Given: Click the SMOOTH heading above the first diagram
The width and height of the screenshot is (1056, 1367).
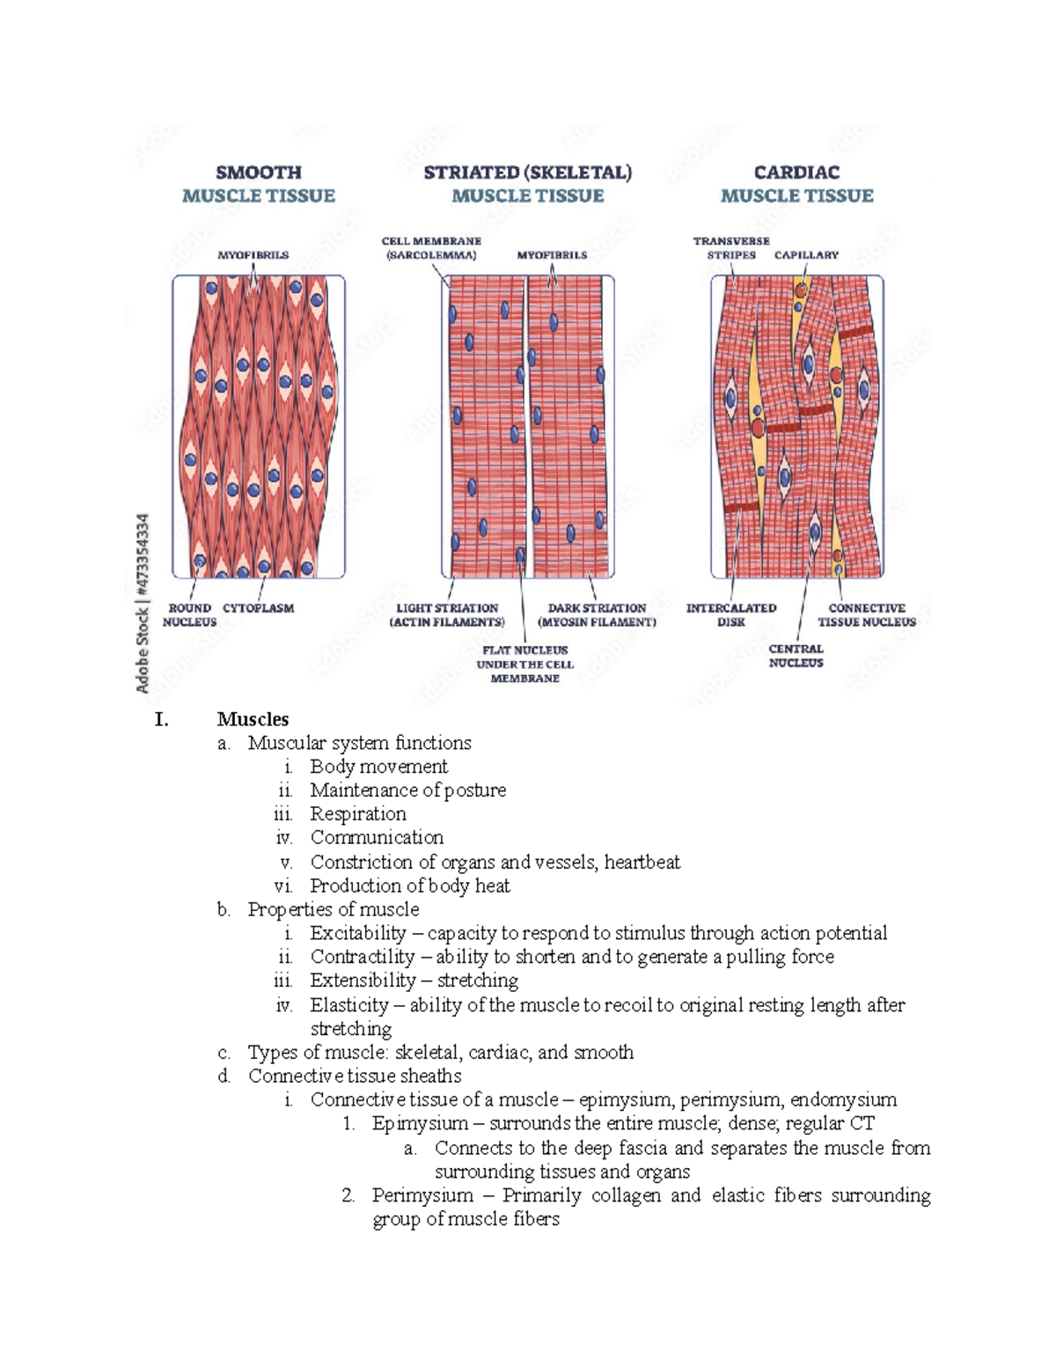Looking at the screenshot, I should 259,173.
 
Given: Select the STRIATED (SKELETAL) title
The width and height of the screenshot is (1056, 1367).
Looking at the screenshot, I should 527,173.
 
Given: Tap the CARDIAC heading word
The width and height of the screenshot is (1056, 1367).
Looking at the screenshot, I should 796,173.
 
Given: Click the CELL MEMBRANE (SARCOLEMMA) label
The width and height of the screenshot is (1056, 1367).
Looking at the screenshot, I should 431,248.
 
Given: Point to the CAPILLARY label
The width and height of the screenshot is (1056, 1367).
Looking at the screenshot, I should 806,255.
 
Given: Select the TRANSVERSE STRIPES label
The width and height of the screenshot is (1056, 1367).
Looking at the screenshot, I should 731,248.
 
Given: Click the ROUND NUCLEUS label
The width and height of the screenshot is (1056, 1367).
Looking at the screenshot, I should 189,614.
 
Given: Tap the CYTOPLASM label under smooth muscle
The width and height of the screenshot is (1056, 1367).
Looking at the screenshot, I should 258,608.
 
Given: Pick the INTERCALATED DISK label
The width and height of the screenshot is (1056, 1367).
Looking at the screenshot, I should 731,614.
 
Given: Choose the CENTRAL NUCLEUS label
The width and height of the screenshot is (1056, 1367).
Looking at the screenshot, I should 796,656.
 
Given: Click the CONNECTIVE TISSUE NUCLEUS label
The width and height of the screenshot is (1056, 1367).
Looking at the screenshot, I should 867,614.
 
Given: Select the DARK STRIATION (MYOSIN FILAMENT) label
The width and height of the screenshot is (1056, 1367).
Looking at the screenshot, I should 597,614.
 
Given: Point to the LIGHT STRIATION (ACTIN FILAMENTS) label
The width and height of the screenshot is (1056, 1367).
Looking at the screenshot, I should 447,614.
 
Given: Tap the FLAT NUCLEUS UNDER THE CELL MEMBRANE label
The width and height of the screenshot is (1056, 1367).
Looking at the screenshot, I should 525,665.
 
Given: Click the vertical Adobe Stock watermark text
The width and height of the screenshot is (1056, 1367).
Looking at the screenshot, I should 143,603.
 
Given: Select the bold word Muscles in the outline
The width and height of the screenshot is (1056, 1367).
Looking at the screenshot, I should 253,719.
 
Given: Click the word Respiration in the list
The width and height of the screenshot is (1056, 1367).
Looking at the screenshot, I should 358,814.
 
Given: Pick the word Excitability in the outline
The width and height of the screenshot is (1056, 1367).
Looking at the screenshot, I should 358,933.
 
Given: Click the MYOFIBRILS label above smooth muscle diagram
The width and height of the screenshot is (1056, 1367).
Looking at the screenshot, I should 253,255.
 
